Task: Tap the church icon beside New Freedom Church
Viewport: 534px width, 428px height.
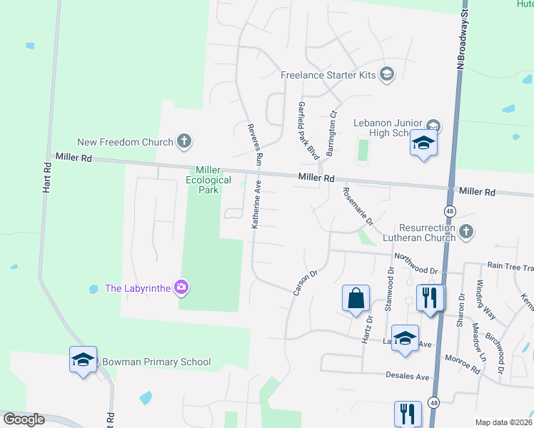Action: pos(184,141)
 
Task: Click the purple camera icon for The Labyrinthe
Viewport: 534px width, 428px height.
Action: pos(182,287)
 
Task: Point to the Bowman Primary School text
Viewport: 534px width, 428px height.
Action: pos(156,362)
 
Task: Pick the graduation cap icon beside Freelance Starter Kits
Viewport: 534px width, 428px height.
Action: pos(387,74)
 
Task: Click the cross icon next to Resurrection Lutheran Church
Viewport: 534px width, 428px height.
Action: pos(465,231)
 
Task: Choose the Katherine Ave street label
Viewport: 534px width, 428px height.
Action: pos(258,204)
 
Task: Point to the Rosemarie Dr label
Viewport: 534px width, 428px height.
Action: pos(358,206)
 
